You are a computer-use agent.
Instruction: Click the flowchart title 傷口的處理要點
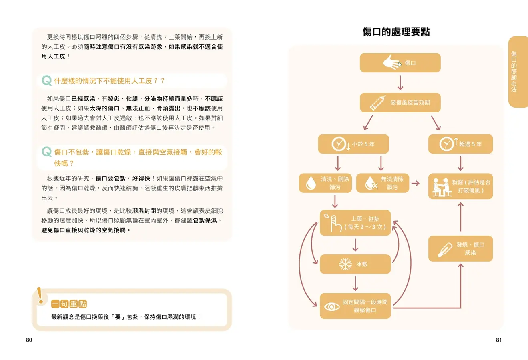396,32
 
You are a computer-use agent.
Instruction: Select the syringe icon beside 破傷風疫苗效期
377,103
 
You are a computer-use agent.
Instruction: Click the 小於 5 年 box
353,144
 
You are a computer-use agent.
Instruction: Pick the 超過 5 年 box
460,144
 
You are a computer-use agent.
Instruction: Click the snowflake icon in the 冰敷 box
345,264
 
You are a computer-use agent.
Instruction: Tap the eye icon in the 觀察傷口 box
331,306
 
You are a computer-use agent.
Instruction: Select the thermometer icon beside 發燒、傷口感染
445,250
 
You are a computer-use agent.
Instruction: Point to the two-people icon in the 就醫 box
442,187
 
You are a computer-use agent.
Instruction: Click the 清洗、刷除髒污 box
325,183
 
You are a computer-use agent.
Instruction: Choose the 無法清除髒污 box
383,183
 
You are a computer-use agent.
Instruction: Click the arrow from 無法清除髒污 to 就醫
416,183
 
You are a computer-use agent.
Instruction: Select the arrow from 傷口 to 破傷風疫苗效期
400,82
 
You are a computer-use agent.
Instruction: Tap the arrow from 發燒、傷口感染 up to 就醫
460,217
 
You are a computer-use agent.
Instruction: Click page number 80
29,340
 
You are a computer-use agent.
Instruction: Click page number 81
499,340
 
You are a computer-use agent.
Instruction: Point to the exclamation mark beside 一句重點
40,296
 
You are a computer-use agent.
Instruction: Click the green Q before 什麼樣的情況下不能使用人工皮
47,80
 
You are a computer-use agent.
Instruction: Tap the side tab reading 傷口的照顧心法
518,72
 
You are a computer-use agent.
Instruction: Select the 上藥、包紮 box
355,223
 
